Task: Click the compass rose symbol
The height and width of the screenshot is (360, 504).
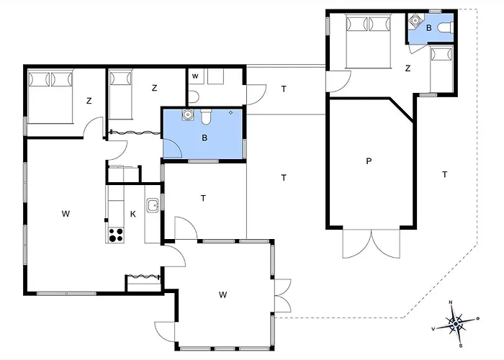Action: pos(456,323)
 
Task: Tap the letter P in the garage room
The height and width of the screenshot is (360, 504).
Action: pos(369,161)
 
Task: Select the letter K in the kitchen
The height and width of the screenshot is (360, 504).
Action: pos(133,214)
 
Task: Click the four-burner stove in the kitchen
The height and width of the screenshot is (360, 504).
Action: pos(116,235)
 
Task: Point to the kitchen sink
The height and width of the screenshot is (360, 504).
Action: pos(153,205)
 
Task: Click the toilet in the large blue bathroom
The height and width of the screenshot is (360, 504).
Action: pos(206,117)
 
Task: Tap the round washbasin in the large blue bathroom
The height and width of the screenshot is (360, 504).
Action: pos(187,114)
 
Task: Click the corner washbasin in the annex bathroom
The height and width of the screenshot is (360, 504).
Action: pos(415,20)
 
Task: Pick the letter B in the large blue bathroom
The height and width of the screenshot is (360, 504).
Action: pos(204,138)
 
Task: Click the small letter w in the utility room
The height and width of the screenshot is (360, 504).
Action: pos(195,76)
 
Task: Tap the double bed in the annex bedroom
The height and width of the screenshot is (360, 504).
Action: pos(368,41)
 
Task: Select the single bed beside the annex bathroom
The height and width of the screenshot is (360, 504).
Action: pos(441,70)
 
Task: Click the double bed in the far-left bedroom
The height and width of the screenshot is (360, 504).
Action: pos(50,96)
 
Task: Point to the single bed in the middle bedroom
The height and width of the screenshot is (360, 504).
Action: pos(120,94)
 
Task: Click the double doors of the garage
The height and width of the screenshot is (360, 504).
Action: pos(372,243)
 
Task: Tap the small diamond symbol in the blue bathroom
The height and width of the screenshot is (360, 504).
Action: pos(230,112)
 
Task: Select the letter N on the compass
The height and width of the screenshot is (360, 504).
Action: pos(451,302)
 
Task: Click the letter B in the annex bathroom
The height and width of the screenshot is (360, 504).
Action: pos(429,28)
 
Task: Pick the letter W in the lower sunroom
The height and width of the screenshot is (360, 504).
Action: pos(222,294)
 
